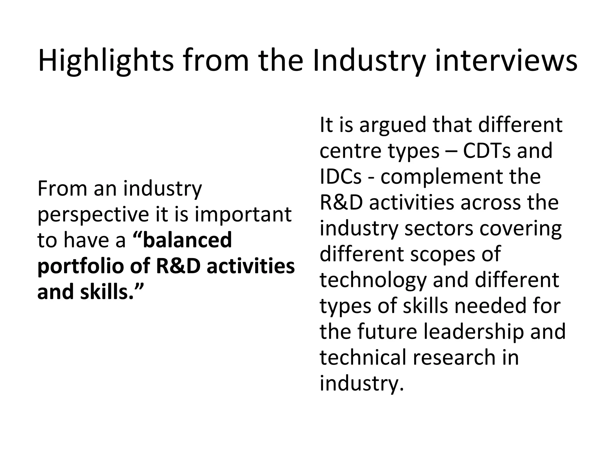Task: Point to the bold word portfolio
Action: tap(80, 266)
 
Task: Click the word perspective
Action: tap(93, 215)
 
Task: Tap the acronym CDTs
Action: tap(486, 150)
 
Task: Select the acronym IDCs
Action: tap(340, 176)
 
